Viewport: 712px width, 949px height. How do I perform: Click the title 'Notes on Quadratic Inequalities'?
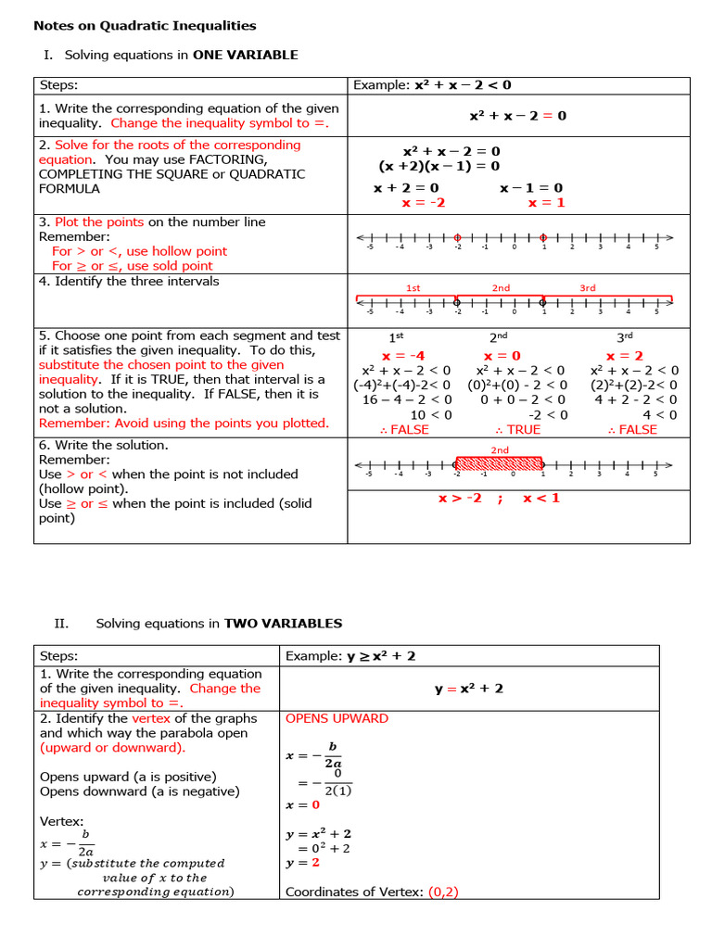point(145,26)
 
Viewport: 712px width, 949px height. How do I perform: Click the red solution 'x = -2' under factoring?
point(423,203)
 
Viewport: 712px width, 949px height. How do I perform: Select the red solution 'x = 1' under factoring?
point(546,203)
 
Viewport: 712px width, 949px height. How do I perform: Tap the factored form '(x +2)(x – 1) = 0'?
point(439,166)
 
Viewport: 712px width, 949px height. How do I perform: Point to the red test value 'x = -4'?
point(403,356)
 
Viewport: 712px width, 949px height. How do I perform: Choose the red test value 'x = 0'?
point(502,356)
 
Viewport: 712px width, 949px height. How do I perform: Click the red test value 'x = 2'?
point(624,356)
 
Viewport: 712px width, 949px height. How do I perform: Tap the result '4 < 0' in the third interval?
point(659,415)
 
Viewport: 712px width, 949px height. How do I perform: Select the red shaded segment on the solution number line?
point(499,463)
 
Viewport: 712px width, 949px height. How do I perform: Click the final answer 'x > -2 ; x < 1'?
point(499,499)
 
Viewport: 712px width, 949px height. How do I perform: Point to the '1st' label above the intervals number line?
point(413,288)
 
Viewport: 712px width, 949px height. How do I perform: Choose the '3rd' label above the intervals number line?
point(588,288)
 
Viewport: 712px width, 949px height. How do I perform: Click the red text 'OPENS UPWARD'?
point(337,718)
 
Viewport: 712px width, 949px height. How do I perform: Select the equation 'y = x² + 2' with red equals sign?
point(468,689)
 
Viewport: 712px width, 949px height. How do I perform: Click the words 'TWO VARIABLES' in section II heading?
point(283,624)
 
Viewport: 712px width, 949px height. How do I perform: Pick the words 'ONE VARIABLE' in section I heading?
point(245,55)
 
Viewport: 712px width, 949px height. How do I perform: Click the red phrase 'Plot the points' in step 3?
point(99,222)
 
